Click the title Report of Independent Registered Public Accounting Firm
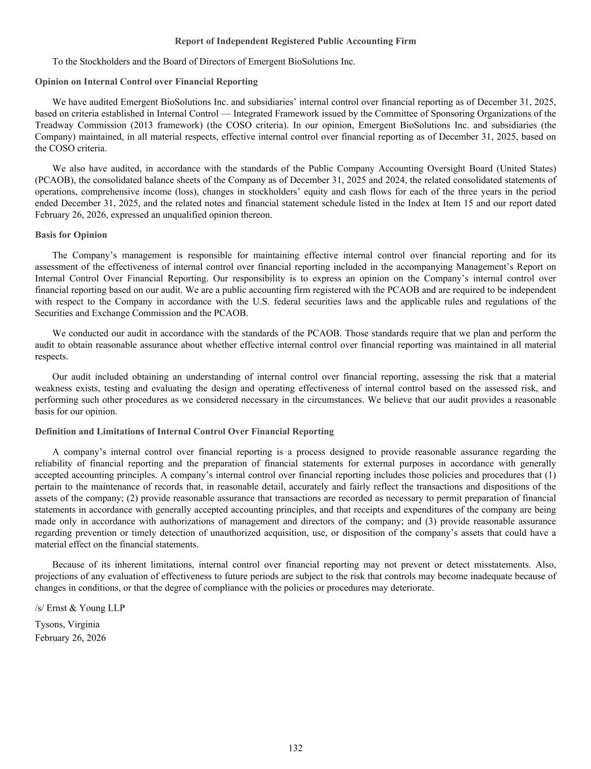[295, 41]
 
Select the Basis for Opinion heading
[71, 235]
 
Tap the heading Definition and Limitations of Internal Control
[184, 432]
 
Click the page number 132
[295, 748]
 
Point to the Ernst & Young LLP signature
[80, 608]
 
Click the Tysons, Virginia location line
[67, 624]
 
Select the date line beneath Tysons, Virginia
[70, 638]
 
